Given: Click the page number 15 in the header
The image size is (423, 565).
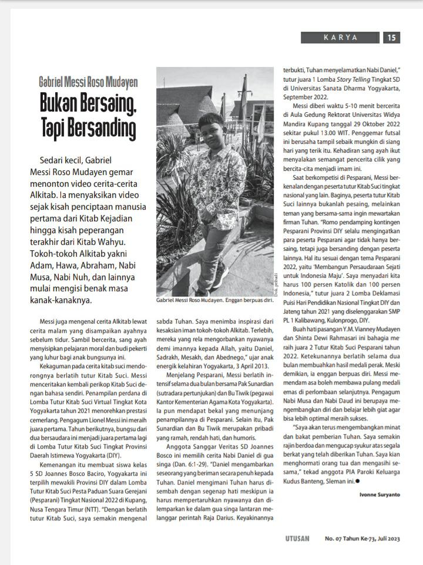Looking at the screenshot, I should pos(392,38).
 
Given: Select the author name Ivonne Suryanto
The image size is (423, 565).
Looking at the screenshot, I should pos(380,495).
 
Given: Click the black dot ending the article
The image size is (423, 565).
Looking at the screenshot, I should pos(358,482).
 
